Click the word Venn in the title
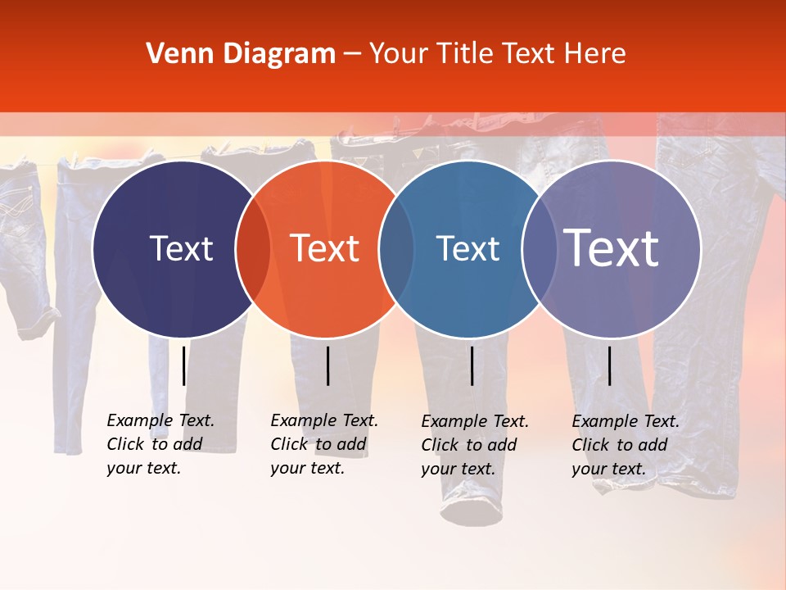(174, 54)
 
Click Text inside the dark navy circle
(181, 248)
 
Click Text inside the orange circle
(324, 248)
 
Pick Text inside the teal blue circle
(468, 248)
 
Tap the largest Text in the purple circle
(611, 248)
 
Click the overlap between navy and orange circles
(253, 249)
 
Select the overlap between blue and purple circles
(537, 249)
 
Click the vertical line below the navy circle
(183, 365)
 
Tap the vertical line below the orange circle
(327, 365)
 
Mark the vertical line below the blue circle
(472, 365)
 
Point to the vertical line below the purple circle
(609, 365)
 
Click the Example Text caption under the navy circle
(160, 444)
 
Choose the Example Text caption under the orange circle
(323, 444)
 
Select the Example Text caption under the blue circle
(474, 445)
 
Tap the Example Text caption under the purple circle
(625, 445)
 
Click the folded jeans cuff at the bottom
(471, 511)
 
